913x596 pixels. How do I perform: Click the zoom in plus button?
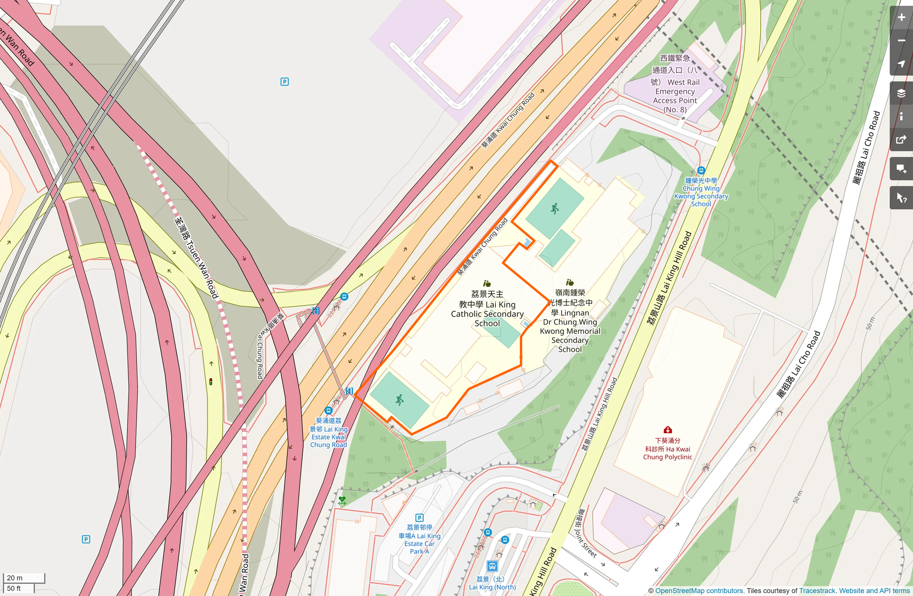click(901, 17)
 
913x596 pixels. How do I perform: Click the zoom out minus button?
click(901, 41)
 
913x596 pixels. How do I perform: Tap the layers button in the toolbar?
click(901, 94)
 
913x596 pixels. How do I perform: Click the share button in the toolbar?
click(901, 140)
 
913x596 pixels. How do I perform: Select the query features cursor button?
click(901, 198)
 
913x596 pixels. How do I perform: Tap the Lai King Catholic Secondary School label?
click(487, 309)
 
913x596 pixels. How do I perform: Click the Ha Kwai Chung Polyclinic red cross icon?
click(667, 430)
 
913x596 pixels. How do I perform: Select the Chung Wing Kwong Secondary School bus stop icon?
click(701, 171)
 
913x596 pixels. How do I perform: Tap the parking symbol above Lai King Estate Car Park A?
click(420, 518)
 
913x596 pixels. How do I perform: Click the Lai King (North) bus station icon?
click(492, 566)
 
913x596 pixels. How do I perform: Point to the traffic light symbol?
click(211, 382)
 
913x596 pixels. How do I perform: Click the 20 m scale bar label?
click(15, 578)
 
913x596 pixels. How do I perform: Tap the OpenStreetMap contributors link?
click(699, 591)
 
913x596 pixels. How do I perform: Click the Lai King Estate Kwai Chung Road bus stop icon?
click(329, 410)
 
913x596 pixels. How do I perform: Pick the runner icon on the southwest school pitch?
click(399, 400)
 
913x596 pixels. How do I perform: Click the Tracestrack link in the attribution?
click(817, 591)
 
